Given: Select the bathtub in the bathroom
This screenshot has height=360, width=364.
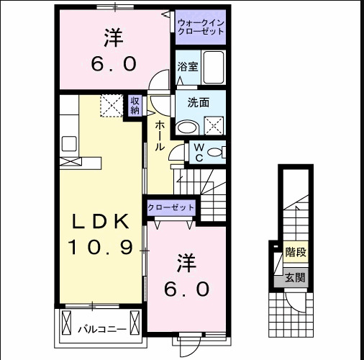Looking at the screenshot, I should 214,68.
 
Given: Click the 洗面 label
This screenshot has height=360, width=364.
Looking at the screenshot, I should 199,102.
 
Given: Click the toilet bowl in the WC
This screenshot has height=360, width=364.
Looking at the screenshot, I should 219,152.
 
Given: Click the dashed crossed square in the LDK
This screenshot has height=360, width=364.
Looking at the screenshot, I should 110,107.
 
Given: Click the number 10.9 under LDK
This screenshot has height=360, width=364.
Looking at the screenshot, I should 101,248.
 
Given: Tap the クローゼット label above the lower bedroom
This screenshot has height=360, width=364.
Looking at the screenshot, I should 170,207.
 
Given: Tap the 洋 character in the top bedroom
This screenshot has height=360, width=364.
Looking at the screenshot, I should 113,37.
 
